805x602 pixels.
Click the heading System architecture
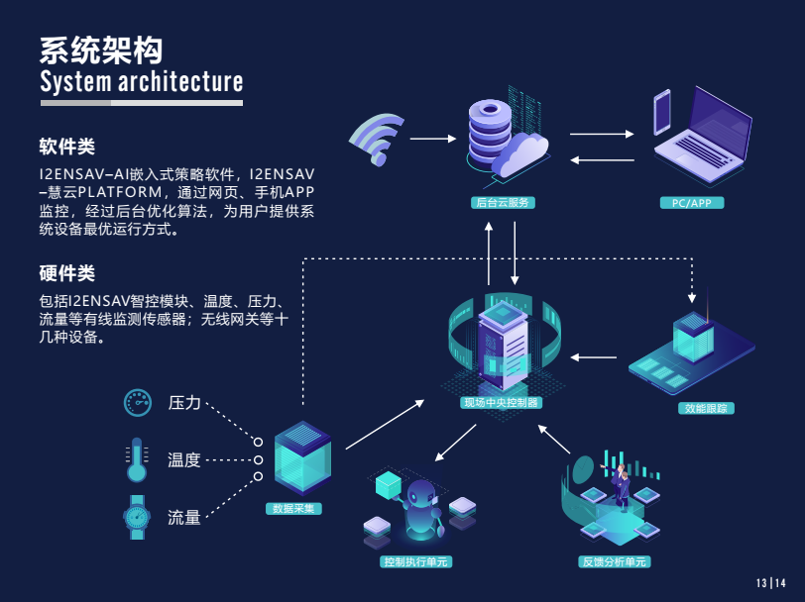click(141, 80)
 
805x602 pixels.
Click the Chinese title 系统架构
click(101, 50)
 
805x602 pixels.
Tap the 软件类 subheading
click(66, 147)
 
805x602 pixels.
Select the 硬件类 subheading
click(66, 272)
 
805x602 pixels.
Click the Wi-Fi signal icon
click(378, 138)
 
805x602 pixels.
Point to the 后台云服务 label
click(504, 203)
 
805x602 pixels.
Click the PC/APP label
click(691, 203)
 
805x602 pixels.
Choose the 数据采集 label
click(293, 509)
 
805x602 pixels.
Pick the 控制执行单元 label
click(416, 561)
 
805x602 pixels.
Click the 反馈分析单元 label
click(615, 561)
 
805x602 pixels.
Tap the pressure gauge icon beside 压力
click(138, 402)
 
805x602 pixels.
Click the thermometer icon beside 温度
click(137, 459)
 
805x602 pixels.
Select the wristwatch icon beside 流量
click(137, 516)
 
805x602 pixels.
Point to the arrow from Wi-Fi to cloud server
click(431, 139)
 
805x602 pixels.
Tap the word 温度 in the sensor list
click(184, 459)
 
